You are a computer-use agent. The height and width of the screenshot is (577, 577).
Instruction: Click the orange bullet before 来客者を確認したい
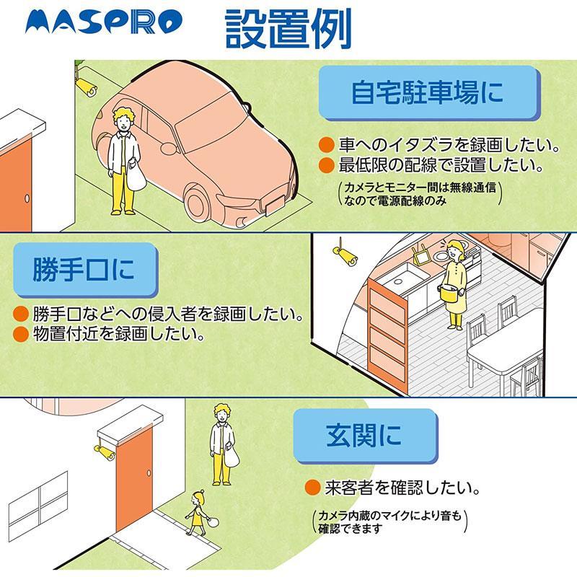tap(312, 488)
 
